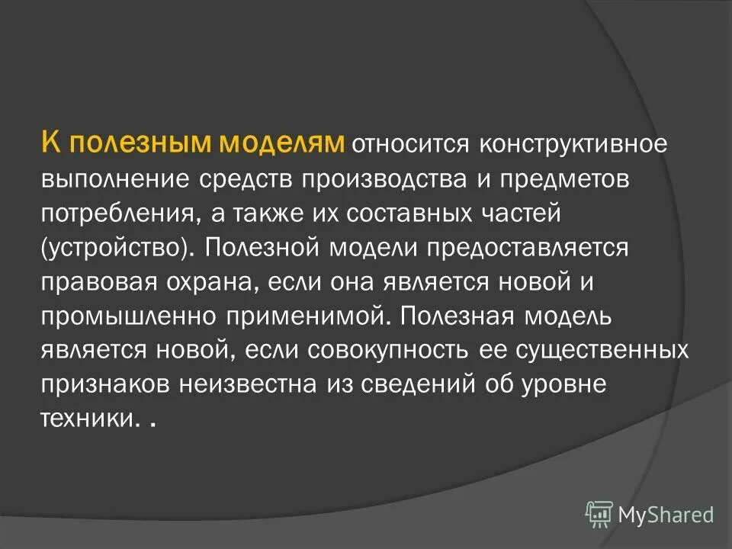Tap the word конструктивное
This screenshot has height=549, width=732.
click(566, 144)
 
